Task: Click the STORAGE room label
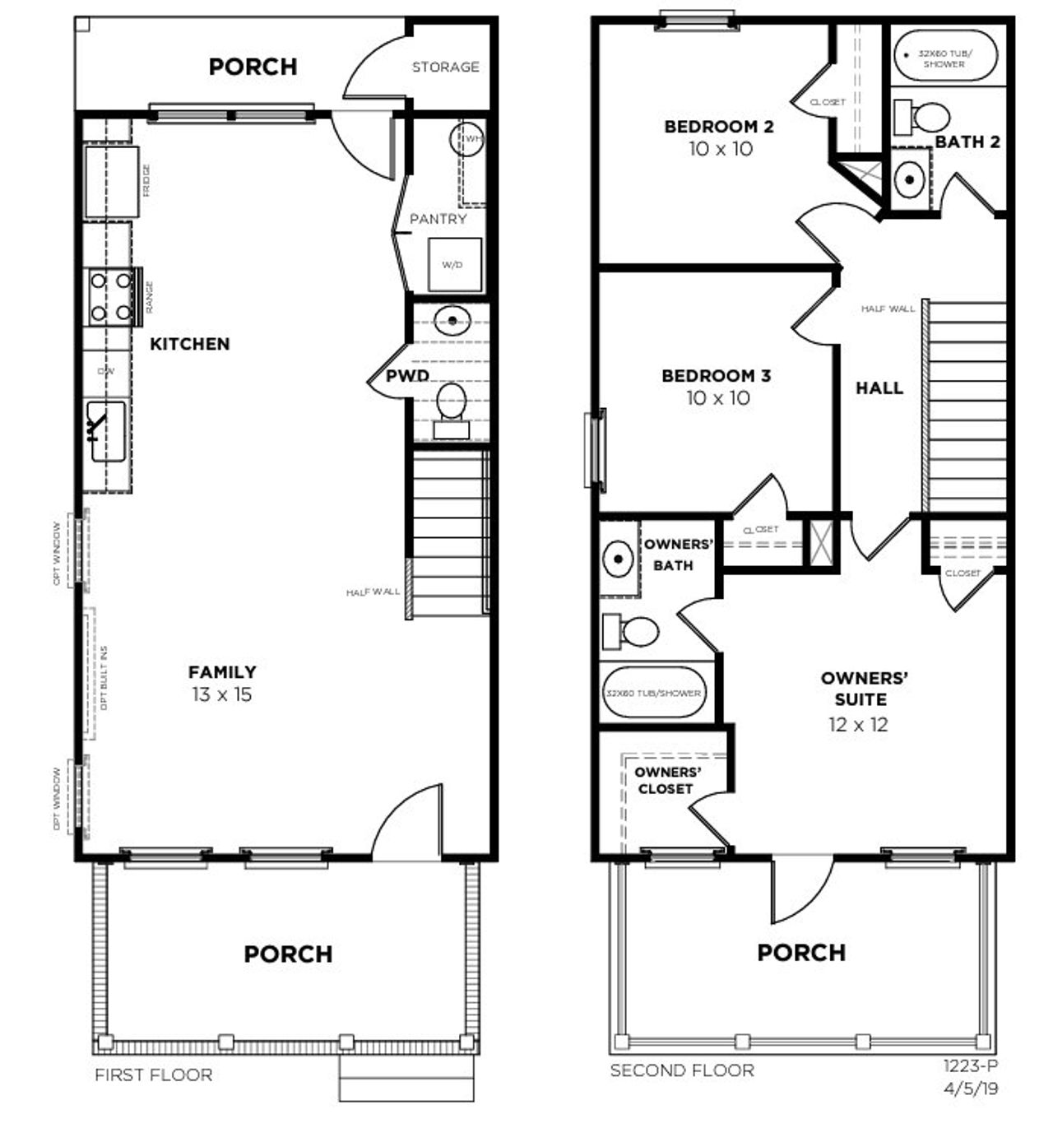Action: pos(445,67)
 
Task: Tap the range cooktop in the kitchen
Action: pos(111,296)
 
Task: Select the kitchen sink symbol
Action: pos(106,431)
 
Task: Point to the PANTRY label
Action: pos(438,219)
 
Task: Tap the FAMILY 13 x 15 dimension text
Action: pos(222,694)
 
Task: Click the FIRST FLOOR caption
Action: pos(153,1075)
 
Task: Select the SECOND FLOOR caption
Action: pos(681,1070)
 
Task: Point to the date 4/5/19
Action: pos(972,1088)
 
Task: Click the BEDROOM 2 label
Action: pos(718,127)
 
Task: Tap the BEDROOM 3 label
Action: pos(716,376)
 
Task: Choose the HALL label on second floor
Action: pos(879,388)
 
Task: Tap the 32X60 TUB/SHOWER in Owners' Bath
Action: pos(653,693)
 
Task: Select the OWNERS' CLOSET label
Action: pos(666,780)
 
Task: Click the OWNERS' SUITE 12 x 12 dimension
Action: pos(858,724)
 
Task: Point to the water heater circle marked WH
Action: pos(466,139)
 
